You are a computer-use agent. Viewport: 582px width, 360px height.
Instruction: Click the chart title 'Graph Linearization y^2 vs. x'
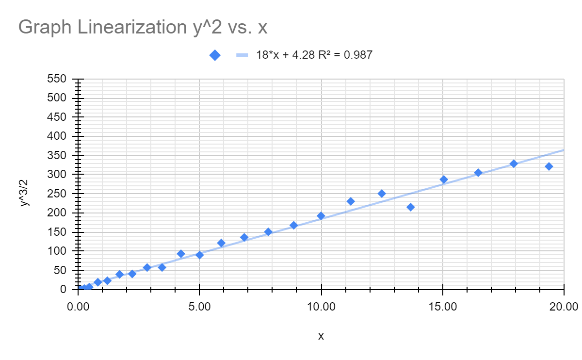(x=143, y=27)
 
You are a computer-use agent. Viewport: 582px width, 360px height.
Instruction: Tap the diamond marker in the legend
(x=215, y=55)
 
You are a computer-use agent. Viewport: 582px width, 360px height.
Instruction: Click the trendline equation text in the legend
(x=314, y=55)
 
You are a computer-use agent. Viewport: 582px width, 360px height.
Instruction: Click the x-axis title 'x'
(x=321, y=336)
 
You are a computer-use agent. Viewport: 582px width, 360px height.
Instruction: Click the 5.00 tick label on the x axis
(x=199, y=307)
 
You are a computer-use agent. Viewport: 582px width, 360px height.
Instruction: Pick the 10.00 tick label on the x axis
(x=321, y=307)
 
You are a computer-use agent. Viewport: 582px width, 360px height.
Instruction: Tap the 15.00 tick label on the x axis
(x=443, y=307)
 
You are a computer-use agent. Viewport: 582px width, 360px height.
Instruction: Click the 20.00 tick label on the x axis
(x=565, y=307)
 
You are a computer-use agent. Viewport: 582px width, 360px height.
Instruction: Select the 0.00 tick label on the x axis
(x=78, y=307)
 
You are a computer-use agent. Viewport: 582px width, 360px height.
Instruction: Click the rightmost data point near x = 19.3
(x=549, y=166)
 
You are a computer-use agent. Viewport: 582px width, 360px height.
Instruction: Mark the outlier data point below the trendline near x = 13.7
(x=411, y=207)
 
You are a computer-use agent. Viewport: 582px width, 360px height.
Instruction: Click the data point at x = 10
(x=321, y=216)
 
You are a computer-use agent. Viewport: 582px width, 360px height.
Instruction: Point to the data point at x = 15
(x=443, y=180)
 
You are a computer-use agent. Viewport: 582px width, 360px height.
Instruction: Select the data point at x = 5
(x=199, y=255)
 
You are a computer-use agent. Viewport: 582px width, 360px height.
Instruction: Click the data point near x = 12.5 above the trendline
(x=382, y=194)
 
